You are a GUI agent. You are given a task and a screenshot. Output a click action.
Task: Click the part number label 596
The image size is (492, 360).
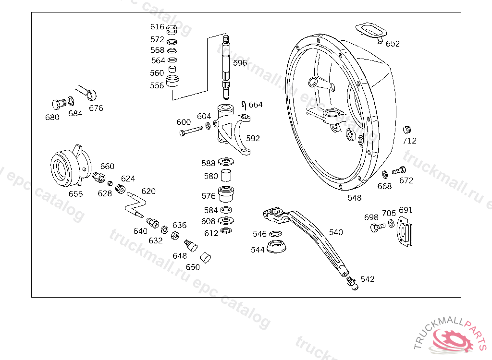pyautogui.click(x=240, y=63)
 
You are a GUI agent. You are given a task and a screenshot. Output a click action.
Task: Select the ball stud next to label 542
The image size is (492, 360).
pyautogui.click(x=352, y=283)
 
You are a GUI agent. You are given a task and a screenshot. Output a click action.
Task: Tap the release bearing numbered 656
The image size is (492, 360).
pyautogui.click(x=71, y=166)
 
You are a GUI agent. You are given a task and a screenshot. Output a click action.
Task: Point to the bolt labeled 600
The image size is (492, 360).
pyautogui.click(x=191, y=131)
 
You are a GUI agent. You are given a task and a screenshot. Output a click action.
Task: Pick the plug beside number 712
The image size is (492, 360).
pyautogui.click(x=407, y=129)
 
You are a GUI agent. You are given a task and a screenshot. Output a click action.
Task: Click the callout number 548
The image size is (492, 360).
pyautogui.click(x=354, y=198)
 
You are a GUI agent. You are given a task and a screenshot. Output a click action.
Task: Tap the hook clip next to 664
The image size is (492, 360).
pyautogui.click(x=244, y=105)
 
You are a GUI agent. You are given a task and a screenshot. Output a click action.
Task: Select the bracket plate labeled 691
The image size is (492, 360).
pyautogui.click(x=405, y=231)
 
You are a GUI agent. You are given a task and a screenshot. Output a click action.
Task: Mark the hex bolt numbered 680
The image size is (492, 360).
pyautogui.click(x=59, y=104)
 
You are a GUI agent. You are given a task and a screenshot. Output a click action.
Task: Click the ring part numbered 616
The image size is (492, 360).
pyautogui.click(x=172, y=30)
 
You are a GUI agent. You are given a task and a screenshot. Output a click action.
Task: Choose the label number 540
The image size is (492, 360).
pyautogui.click(x=336, y=232)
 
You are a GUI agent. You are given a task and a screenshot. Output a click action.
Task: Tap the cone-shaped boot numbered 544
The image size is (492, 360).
pyautogui.click(x=276, y=246)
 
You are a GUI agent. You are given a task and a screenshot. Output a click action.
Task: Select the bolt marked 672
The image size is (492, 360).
pyautogui.click(x=399, y=170)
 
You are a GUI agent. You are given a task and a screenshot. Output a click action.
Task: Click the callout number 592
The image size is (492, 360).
pyautogui.click(x=253, y=138)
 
